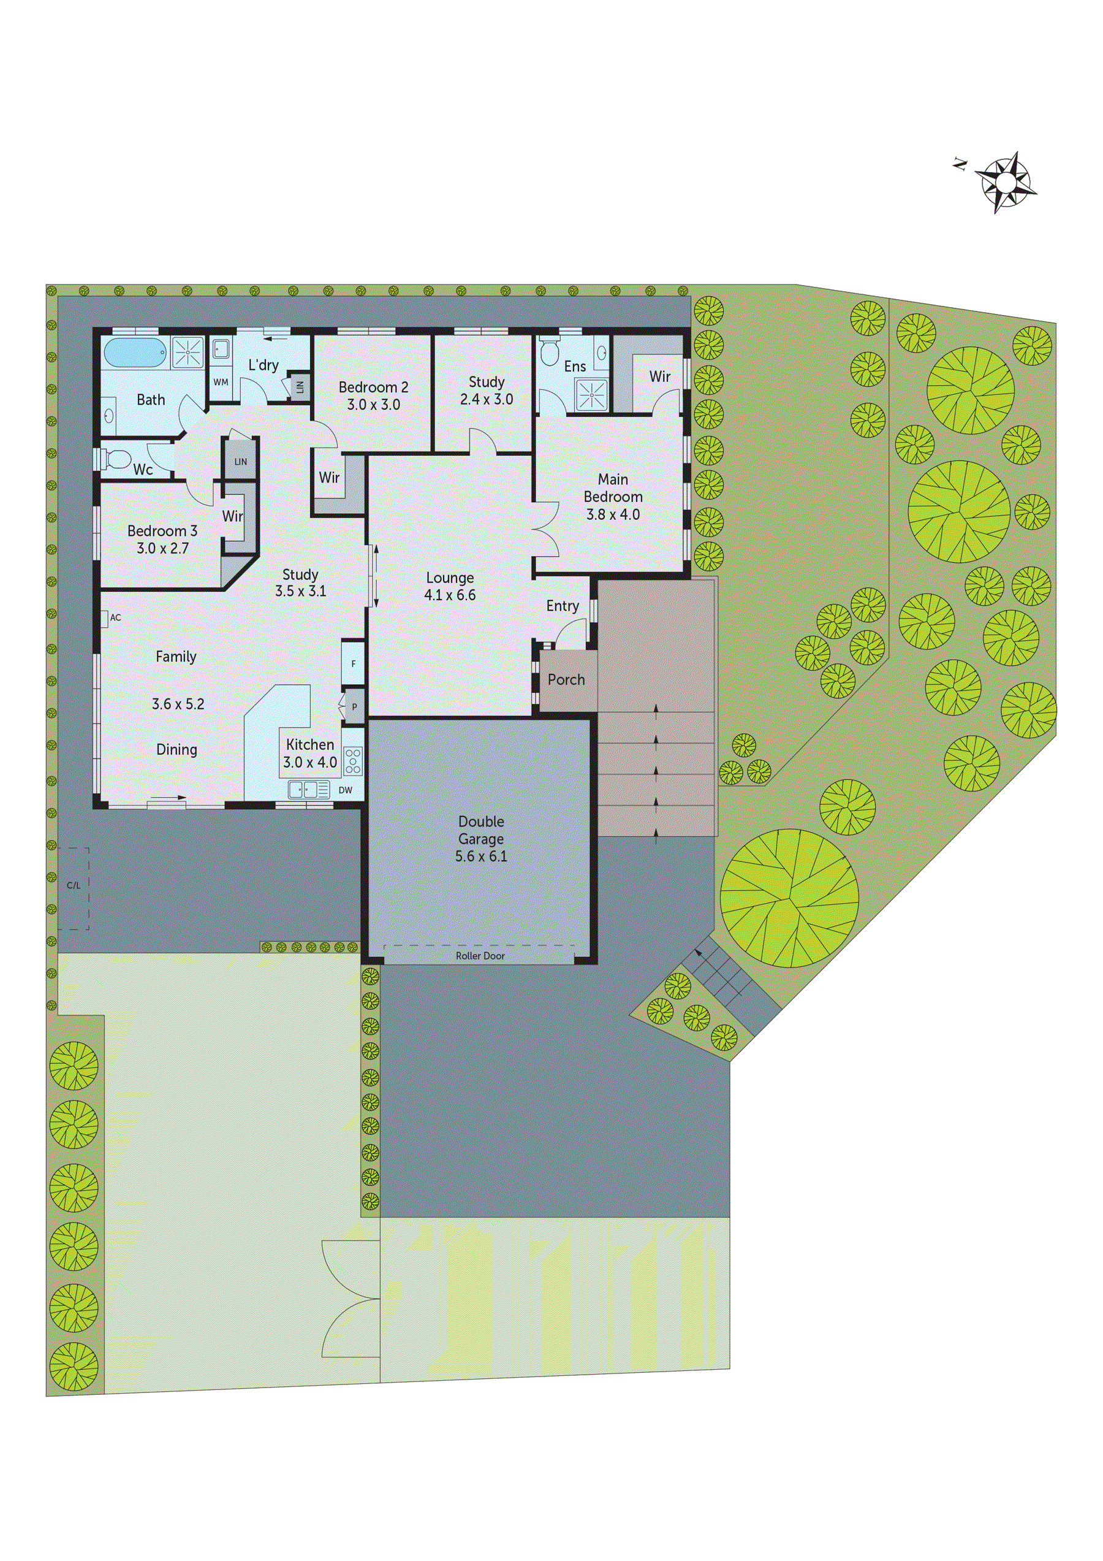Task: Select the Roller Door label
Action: coord(480,955)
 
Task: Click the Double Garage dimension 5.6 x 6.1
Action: coord(481,856)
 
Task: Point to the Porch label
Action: coord(566,679)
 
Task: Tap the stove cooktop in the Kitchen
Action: coord(354,761)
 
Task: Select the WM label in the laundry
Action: coord(221,382)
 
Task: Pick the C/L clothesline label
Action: coord(74,885)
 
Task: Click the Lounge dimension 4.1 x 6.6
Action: coord(450,595)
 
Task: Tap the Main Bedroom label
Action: coord(613,488)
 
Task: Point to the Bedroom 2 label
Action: coord(373,387)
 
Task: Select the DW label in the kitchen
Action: coord(345,790)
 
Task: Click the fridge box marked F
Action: coord(354,663)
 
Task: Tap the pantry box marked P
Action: coord(354,707)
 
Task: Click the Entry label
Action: coord(563,606)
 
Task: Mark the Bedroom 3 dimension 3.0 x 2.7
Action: coord(162,548)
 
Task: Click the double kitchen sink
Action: coord(304,789)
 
